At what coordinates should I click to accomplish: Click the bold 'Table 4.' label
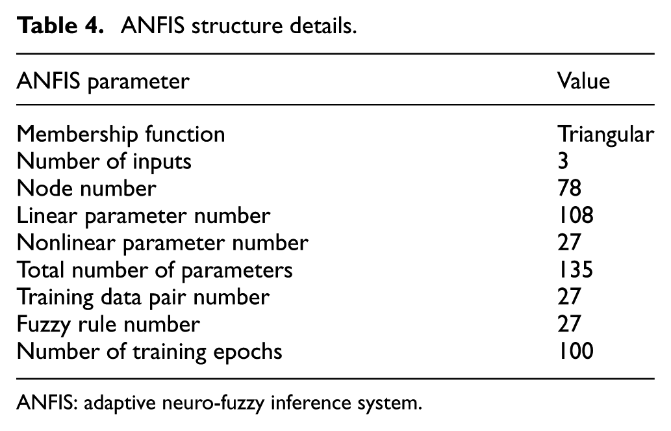point(60,26)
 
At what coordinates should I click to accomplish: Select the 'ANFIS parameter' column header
point(103,81)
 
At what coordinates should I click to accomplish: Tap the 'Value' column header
point(583,81)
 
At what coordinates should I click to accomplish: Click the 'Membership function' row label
point(121,134)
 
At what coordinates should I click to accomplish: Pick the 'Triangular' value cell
point(605,135)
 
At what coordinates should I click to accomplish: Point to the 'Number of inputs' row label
point(104,161)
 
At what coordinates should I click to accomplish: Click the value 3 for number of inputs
point(563,161)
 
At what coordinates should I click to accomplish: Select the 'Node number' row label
point(86,189)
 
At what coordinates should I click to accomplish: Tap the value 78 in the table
point(569,189)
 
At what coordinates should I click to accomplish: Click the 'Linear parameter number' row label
point(144,216)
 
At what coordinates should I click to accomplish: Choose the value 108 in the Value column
point(576,216)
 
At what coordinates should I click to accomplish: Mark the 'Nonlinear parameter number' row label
point(162,243)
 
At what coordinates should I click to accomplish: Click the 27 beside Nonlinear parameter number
point(569,243)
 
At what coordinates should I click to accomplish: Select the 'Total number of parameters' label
point(155,270)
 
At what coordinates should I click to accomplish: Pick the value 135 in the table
point(576,270)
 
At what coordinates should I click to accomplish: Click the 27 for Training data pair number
point(569,297)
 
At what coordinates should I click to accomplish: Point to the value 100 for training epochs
point(576,351)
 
